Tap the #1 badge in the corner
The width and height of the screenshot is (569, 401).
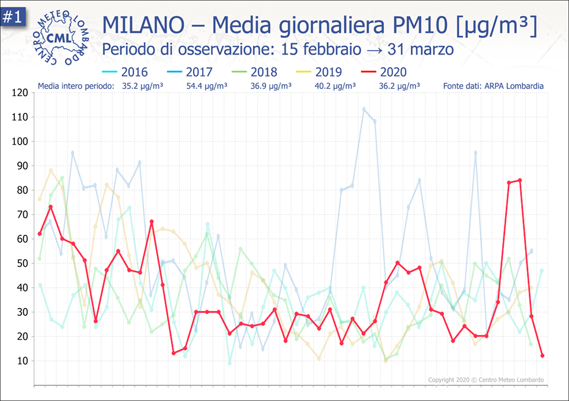point(12,17)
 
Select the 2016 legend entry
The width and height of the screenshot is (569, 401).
point(125,72)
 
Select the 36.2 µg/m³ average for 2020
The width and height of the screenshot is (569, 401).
point(399,86)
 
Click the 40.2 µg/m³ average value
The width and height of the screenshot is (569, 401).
point(335,86)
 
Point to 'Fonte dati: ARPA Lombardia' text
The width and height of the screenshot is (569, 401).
point(493,86)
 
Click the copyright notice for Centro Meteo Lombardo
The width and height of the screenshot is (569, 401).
point(485,380)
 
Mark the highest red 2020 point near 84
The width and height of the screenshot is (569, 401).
point(520,180)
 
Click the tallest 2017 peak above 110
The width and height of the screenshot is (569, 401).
point(364,109)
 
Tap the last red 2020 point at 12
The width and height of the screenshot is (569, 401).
point(542,356)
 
